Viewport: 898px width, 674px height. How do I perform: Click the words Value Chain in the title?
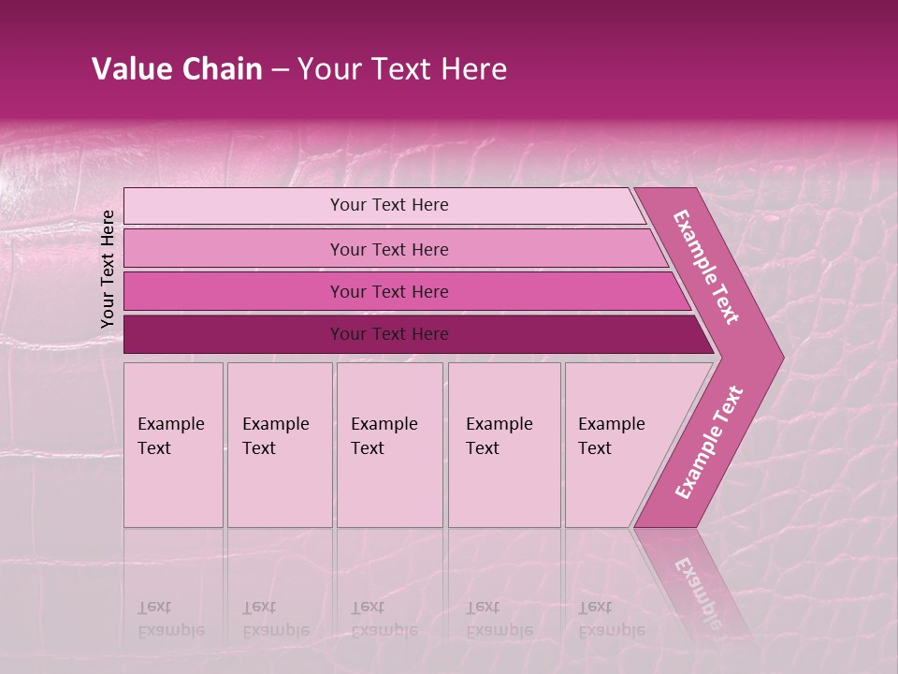coord(177,69)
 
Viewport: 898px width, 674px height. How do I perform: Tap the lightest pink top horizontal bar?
coord(234,206)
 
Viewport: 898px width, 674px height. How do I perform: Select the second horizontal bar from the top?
coord(234,249)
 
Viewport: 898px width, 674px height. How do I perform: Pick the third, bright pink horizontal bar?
coord(234,291)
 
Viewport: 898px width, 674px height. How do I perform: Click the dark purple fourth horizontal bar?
coord(234,334)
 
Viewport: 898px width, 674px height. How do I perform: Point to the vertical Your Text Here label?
coord(108,269)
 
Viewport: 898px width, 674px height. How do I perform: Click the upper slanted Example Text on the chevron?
coord(706,267)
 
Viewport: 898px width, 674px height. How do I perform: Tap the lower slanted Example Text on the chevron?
coord(708,443)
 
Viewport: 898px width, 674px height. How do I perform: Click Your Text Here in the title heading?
coord(402,69)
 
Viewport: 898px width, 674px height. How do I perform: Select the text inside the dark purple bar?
coord(389,334)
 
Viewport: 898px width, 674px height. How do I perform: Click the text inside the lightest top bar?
coord(389,205)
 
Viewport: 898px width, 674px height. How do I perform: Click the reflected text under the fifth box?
coord(611,619)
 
